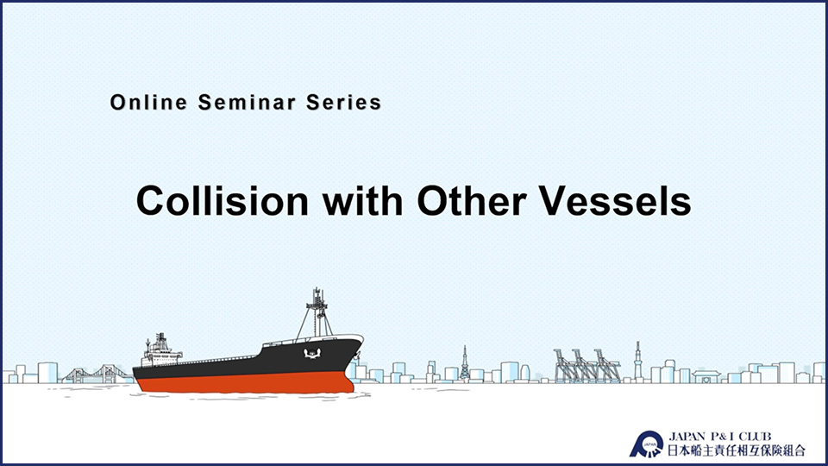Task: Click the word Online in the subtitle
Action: pyautogui.click(x=148, y=103)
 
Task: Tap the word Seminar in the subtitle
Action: pyautogui.click(x=247, y=103)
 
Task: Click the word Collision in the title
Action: pyautogui.click(x=223, y=201)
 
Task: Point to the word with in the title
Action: pyautogui.click(x=363, y=201)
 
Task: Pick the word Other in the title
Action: pyautogui.click(x=472, y=201)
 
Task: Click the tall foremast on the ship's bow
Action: pyautogui.click(x=317, y=312)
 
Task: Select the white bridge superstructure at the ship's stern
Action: pyautogui.click(x=160, y=351)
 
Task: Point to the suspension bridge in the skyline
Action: pyautogui.click(x=97, y=374)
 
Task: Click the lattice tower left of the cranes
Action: pyautogui.click(x=465, y=363)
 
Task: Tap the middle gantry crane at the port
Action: pyautogui.click(x=587, y=366)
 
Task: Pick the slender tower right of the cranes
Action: pyautogui.click(x=638, y=361)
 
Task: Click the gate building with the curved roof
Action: pyautogui.click(x=706, y=377)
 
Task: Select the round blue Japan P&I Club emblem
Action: pyautogui.click(x=646, y=444)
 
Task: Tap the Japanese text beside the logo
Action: pyautogui.click(x=737, y=450)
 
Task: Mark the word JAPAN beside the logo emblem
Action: pyautogui.click(x=687, y=437)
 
